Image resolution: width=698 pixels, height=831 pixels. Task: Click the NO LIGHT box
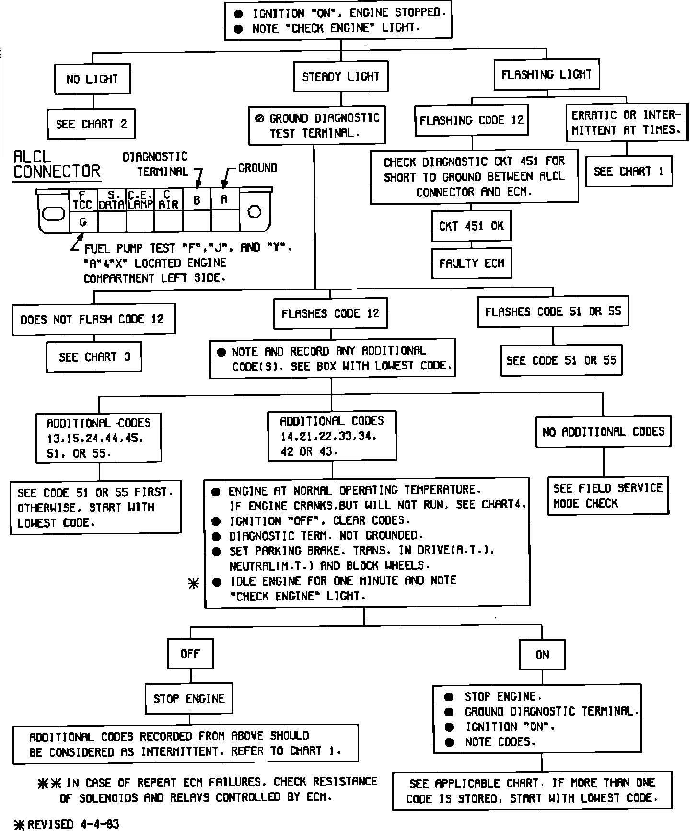click(93, 79)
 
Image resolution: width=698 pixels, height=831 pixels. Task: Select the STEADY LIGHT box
click(340, 77)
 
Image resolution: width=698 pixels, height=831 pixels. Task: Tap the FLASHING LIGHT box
click(547, 75)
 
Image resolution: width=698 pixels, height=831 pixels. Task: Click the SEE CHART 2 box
click(91, 124)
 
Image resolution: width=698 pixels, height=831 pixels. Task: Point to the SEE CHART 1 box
click(628, 172)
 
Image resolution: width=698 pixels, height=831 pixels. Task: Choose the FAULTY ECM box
click(471, 263)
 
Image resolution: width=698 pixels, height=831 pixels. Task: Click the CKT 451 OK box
click(471, 226)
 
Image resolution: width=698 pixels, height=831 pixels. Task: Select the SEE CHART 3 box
click(94, 357)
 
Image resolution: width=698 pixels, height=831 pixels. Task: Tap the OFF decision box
click(190, 654)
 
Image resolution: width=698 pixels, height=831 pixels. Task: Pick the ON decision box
click(542, 655)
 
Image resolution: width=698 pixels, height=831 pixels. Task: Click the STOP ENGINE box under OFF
click(189, 699)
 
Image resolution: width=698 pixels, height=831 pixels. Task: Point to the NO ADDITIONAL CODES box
click(603, 432)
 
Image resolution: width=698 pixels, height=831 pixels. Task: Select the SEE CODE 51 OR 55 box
click(561, 360)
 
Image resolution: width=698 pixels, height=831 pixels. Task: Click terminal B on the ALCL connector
click(197, 200)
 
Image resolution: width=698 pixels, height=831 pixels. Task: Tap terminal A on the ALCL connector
click(224, 199)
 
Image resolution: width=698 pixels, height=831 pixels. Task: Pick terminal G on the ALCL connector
click(83, 222)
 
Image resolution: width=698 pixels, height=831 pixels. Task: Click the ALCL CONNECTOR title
click(57, 164)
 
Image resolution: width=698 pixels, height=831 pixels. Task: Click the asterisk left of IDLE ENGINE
click(194, 584)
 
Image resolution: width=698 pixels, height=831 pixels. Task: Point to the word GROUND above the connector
click(257, 168)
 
